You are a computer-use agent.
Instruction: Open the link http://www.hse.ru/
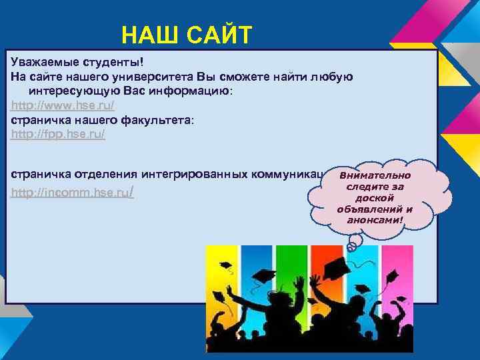63,105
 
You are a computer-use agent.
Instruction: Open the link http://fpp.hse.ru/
58,134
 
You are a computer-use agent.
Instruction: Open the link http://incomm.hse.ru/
71,193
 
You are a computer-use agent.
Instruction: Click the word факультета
153,120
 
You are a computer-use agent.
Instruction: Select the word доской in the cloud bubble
375,198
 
